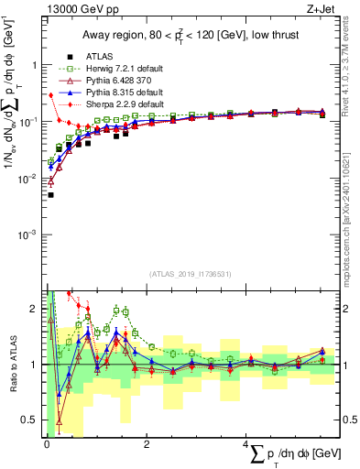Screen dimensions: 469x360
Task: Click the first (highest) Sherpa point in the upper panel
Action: [x=50, y=95]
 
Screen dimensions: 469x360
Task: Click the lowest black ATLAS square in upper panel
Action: [x=50, y=195]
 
